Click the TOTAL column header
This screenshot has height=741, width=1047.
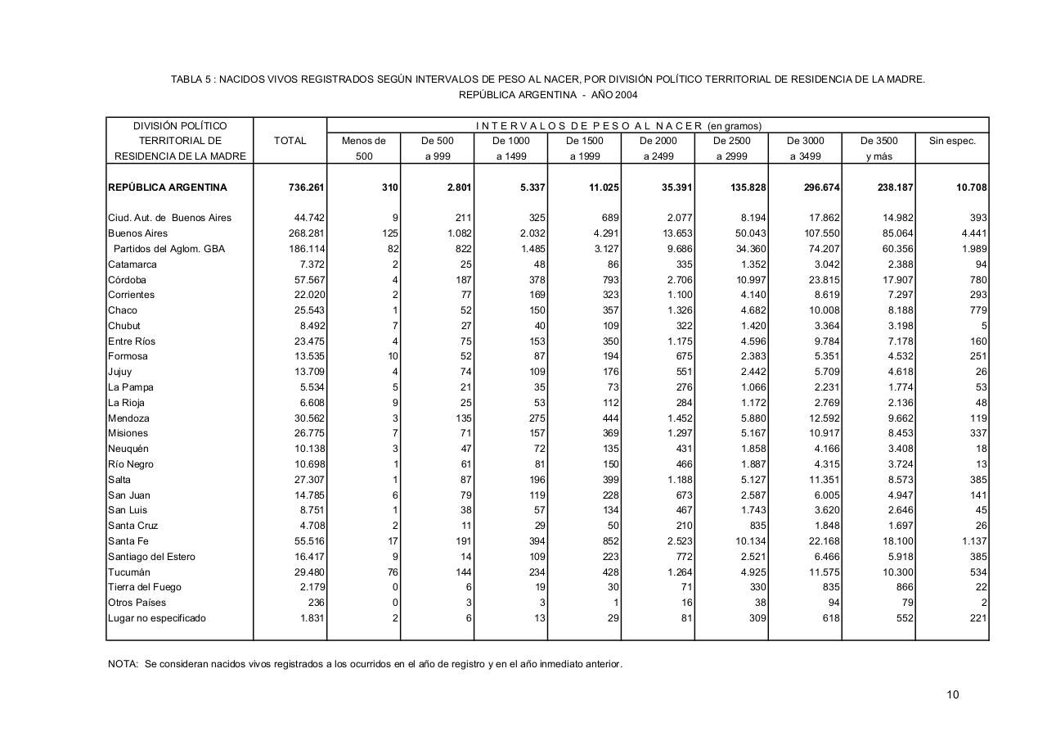coord(290,141)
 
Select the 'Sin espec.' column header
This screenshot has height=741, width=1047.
coord(952,141)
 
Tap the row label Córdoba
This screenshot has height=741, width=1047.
coord(128,280)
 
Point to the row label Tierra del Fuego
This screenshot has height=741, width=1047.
coord(145,587)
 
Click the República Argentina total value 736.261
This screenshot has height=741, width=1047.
coord(307,188)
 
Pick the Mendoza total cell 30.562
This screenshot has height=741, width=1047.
coord(309,418)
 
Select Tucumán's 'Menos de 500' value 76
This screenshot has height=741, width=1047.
coord(392,572)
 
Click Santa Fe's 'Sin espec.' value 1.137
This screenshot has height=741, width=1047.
coord(973,541)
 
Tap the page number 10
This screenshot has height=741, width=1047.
coord(953,695)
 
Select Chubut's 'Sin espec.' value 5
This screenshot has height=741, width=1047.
coord(984,326)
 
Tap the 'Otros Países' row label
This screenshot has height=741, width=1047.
coord(137,603)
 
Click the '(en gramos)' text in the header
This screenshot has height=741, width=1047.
coord(734,126)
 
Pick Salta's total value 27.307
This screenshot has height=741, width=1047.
coord(309,480)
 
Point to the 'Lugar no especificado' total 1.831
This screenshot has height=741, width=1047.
coord(312,618)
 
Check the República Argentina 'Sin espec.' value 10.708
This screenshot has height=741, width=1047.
coord(972,188)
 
